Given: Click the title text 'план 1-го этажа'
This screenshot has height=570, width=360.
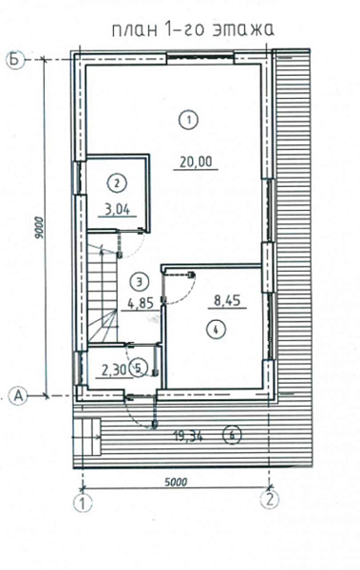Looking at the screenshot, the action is pos(193,29).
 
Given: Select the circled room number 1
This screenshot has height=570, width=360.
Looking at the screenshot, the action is pos(189,120).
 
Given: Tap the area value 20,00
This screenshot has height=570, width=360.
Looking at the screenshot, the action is pos(196,161).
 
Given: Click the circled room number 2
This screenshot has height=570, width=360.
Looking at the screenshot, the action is pos(117,182).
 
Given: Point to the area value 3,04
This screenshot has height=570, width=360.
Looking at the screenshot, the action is pos(117,210).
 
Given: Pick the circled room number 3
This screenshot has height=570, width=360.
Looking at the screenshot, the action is pos(140,281).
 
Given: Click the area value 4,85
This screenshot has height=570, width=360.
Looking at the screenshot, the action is pos(141,303).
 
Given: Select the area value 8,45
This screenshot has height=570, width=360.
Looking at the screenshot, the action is pos(228,301).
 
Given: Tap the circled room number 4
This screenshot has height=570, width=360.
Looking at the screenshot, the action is pos(216,330).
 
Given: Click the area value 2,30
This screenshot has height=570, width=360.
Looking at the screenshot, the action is pos(114,370).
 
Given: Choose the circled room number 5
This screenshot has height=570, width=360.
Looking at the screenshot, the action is pos(138,369).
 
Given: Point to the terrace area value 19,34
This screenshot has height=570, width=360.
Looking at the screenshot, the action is pos(188,435).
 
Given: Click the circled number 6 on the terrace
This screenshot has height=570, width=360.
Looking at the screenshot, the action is pos(233,435).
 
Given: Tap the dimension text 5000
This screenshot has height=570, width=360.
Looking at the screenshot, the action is pos(176,483).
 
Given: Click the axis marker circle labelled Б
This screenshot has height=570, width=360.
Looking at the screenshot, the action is pos(15,60).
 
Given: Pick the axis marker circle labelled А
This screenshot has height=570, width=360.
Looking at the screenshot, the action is pos(19,396).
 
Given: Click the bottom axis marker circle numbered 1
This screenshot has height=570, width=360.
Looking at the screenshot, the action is pos(83,503).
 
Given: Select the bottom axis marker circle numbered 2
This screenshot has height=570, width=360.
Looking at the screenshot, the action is pos(270,500).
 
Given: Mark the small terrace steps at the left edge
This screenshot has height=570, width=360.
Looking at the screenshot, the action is pos(86,436).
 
